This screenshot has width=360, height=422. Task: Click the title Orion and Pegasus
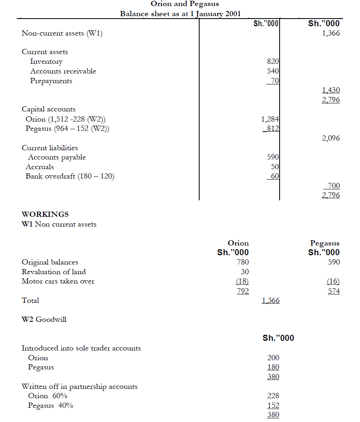pos(185,4)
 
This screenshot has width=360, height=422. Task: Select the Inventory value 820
pos(273,62)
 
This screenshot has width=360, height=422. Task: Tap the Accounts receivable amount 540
pos(273,71)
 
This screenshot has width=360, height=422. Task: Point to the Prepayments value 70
pos(275,81)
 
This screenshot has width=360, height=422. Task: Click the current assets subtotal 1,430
pos(331,90)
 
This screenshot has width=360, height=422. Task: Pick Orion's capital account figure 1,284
pos(270,119)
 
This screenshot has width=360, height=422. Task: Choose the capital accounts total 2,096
pos(331,139)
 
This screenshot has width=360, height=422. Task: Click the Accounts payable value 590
pos(273,157)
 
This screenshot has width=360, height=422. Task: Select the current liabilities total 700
pos(333,186)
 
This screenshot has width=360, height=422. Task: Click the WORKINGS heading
pos(45,214)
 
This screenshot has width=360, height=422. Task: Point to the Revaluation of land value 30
pos(244,272)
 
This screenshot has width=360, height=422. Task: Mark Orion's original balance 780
pos(242,262)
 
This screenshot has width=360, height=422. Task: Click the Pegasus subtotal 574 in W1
pos(333,291)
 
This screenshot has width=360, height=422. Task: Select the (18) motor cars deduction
pos(242,281)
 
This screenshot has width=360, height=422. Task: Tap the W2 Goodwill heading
pos(44,319)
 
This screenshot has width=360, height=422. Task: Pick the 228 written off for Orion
pos(273,396)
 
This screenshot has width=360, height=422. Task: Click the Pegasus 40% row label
pos(51,406)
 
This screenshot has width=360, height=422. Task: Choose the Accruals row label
pos(40,167)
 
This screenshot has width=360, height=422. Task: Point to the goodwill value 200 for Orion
pos(273,358)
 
